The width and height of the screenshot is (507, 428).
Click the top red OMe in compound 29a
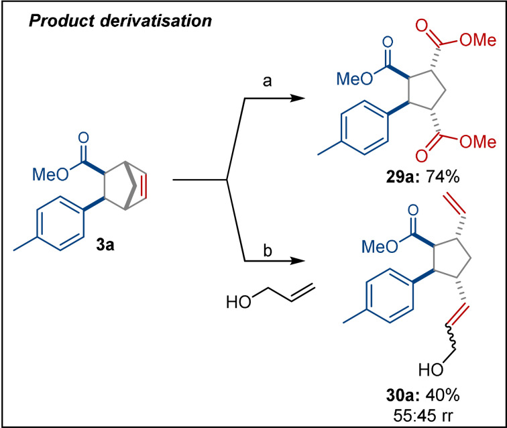[480, 44]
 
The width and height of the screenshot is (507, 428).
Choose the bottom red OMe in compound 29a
[480, 142]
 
